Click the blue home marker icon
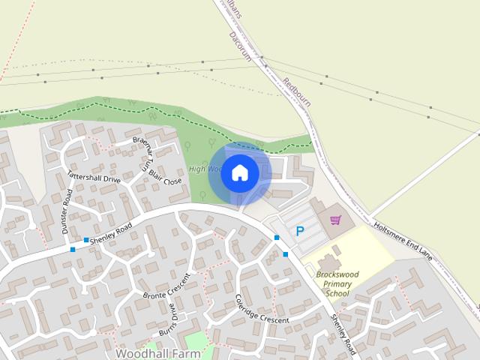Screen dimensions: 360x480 tap(240, 173)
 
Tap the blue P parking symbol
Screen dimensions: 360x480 tap(301, 232)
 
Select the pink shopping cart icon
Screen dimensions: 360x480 tap(335, 220)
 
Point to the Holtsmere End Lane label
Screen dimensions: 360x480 tap(404, 241)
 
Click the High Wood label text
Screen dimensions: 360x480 tap(201, 169)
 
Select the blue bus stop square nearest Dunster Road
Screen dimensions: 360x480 tap(73, 249)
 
